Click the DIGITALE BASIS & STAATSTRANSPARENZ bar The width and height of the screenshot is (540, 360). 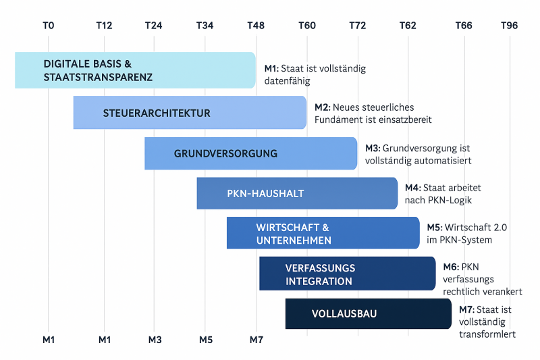135,70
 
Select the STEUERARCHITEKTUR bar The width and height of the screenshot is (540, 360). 190,113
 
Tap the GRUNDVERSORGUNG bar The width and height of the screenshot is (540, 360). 250,153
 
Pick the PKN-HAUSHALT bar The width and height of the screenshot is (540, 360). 297,193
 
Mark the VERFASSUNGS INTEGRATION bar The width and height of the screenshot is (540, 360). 347,274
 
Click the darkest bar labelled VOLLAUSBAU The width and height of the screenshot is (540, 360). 368,313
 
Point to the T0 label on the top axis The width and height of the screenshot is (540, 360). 48,26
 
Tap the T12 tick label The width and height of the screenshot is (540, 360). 104,26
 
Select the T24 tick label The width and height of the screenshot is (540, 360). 154,26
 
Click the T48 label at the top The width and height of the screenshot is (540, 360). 256,26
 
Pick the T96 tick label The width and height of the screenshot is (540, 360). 510,26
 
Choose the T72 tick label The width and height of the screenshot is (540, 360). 358,26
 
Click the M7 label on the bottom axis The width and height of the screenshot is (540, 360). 256,339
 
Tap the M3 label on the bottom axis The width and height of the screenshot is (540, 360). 155,339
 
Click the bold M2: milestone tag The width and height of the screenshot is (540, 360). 322,107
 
